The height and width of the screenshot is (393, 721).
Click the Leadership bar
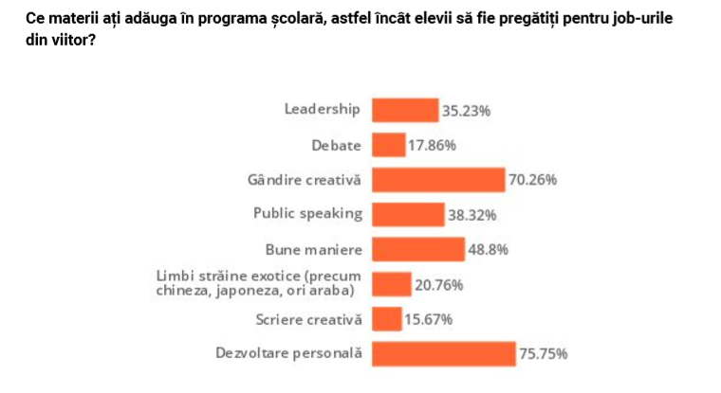click(x=405, y=110)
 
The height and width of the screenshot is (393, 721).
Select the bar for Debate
click(x=389, y=145)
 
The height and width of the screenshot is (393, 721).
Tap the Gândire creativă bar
click(x=438, y=180)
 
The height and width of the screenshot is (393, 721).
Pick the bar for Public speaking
click(x=408, y=214)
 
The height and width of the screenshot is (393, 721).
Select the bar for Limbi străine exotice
click(x=391, y=284)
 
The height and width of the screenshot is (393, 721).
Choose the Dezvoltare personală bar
click(x=443, y=354)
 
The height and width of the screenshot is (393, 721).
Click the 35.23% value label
click(x=466, y=111)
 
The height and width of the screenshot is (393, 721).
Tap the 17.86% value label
click(x=433, y=146)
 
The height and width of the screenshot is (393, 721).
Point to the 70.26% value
click(x=532, y=180)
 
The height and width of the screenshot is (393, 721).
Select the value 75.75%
click(x=544, y=355)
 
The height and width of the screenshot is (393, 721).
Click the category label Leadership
click(x=323, y=108)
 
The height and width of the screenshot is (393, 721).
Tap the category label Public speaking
click(x=307, y=213)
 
